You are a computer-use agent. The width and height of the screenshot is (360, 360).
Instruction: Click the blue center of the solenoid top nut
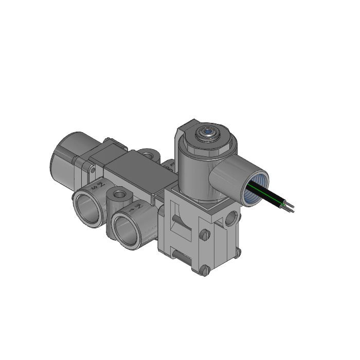click(206, 132)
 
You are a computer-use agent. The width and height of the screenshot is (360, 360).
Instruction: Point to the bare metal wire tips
click(291, 208)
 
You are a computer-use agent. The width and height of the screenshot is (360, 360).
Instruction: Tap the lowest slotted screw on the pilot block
click(204, 270)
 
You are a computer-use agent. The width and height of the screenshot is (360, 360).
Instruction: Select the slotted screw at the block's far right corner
click(238, 251)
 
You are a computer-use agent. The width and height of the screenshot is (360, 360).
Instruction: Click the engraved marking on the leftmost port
click(97, 186)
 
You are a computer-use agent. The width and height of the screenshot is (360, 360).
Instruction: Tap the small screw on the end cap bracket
click(92, 168)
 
